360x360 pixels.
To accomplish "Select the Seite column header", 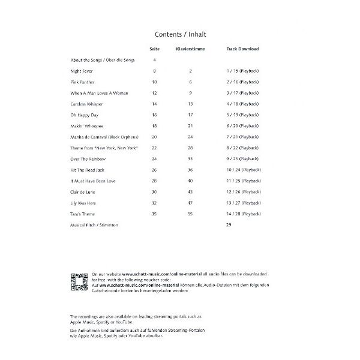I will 154,49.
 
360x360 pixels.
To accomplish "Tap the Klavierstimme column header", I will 190,49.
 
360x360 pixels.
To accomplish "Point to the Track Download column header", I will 242,49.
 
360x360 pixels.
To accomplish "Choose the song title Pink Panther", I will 83,82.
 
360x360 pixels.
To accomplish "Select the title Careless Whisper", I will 88,104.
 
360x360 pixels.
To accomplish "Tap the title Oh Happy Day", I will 85,115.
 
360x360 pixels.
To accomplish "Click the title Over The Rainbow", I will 88,159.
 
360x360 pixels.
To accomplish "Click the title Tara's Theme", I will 83,214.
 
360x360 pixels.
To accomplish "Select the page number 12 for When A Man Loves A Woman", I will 154,93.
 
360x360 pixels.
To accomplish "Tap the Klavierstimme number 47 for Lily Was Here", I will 190,203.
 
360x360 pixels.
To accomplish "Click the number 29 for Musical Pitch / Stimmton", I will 228,225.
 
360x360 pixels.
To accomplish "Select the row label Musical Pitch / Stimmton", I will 94,225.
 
